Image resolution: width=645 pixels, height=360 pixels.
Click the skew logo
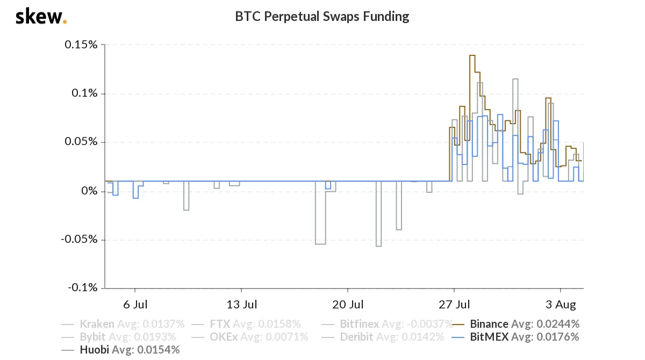click(x=41, y=17)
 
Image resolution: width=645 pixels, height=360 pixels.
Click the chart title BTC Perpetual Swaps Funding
click(x=322, y=17)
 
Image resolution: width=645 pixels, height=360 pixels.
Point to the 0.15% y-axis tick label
click(x=81, y=45)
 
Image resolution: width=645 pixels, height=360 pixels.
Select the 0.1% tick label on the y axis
click(x=84, y=93)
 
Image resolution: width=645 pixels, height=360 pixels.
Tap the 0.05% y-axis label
click(x=81, y=141)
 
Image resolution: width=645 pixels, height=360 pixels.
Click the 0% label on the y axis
click(x=89, y=191)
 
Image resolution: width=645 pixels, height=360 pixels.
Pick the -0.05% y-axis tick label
click(x=79, y=239)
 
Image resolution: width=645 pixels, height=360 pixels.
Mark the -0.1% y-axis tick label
click(x=83, y=287)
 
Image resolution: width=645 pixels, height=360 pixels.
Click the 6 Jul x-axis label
click(x=135, y=305)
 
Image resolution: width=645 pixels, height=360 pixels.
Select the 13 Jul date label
click(x=241, y=305)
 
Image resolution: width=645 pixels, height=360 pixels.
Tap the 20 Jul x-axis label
click(x=348, y=305)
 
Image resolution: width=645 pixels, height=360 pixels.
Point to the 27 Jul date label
click(x=454, y=305)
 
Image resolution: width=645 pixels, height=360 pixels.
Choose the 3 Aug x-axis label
click(x=561, y=305)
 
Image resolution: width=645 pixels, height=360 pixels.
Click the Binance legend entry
click(x=515, y=324)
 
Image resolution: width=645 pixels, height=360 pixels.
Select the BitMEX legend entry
click(x=515, y=337)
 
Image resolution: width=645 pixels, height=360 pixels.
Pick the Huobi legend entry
click(x=120, y=350)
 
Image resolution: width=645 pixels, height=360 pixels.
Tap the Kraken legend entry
click(x=123, y=324)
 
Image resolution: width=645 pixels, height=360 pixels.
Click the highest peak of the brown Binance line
click(x=472, y=55)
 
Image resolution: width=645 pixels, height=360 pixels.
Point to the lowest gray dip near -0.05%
click(x=378, y=246)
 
